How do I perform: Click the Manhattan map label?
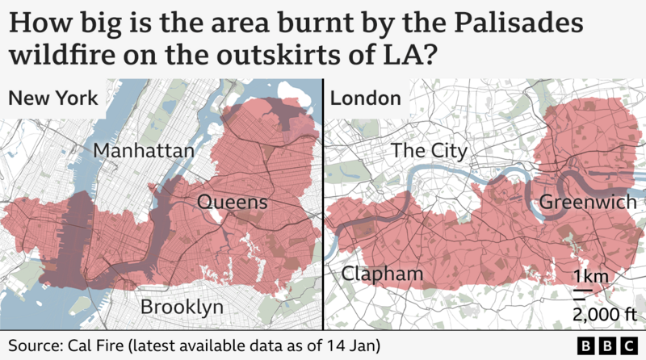click(144, 151)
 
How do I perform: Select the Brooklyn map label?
click(182, 307)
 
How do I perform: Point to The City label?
click(429, 151)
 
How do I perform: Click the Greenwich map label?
click(588, 202)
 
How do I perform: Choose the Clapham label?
click(382, 274)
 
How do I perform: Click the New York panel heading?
click(53, 98)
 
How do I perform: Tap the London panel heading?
click(366, 98)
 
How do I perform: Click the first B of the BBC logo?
click(587, 345)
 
